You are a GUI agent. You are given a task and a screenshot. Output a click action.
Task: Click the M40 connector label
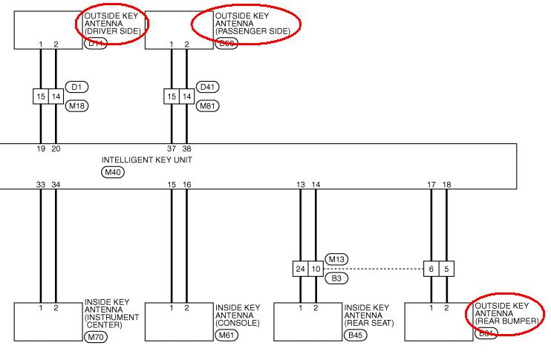(112, 172)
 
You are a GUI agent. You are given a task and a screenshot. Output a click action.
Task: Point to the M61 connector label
(225, 334)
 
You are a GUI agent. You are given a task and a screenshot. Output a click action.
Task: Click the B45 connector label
(355, 334)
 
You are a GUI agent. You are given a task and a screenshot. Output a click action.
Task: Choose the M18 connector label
(76, 106)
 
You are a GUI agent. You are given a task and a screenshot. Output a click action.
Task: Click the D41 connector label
(208, 87)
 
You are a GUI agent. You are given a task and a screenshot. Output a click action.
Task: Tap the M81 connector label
(208, 106)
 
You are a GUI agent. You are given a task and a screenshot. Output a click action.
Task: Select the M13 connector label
(336, 258)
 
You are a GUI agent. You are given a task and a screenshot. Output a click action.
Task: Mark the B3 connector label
(336, 278)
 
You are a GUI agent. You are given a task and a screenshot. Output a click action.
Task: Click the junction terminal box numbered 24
(300, 268)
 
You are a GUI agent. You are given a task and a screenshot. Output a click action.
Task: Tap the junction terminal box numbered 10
(316, 268)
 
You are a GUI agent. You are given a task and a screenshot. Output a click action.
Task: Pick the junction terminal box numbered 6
(431, 268)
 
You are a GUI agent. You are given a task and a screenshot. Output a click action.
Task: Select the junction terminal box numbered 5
(446, 268)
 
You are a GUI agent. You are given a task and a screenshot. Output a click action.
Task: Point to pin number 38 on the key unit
(186, 148)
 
